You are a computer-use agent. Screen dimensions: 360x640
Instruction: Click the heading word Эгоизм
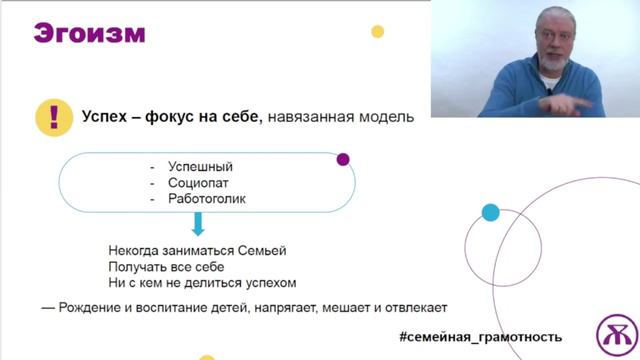[x=90, y=33]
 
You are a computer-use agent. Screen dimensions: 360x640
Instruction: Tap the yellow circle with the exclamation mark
[x=51, y=117]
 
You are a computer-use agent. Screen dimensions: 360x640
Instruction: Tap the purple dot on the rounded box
[x=343, y=159]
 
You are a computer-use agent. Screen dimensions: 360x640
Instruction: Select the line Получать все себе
[x=166, y=267]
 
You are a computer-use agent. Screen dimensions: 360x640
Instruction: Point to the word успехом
[x=269, y=283]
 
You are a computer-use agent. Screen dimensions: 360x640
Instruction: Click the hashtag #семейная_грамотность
[x=480, y=337]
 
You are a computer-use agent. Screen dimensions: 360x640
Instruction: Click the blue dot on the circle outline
[x=490, y=212]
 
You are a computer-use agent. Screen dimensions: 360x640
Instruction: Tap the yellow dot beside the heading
[x=378, y=31]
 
